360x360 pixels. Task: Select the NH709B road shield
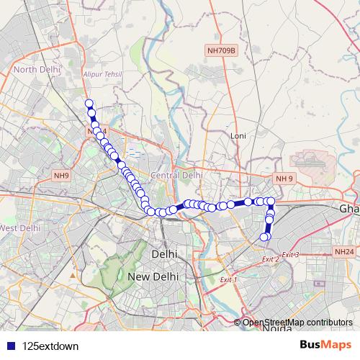pos(221,50)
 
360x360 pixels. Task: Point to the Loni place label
pos(238,135)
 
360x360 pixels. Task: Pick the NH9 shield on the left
pos(62,175)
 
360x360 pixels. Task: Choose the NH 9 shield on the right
pos(284,179)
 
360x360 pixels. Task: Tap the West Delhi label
pos(19,228)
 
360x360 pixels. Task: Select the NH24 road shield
pos(343,252)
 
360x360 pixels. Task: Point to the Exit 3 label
pos(290,254)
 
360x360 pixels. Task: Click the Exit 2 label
pos(270,259)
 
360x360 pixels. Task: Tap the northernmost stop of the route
pos(89,104)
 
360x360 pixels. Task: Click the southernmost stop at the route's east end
pos(264,237)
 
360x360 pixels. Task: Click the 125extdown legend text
pos(50,346)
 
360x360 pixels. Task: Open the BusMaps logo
pos(325,345)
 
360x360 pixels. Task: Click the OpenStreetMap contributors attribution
pos(297,322)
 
